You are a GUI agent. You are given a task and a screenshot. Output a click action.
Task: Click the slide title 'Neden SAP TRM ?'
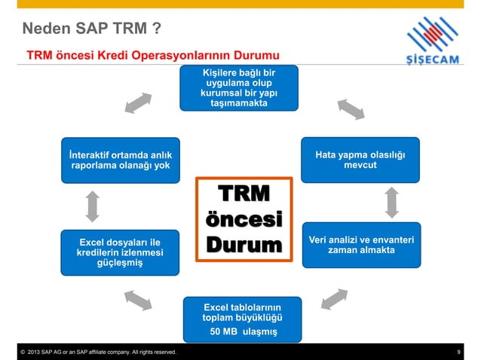pos(90,30)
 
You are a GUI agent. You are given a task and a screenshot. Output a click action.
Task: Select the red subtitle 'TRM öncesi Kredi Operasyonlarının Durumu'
pos(153,56)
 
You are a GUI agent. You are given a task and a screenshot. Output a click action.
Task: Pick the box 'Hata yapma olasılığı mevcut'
pos(360,160)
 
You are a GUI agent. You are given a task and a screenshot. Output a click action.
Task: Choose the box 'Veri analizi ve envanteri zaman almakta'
pos(360,245)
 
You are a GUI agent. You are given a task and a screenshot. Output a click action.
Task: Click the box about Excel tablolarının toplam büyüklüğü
pos(243,319)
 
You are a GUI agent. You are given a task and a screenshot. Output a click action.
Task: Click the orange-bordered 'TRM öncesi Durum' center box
pos(243,219)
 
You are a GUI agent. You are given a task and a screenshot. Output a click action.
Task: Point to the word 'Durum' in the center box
pos(243,246)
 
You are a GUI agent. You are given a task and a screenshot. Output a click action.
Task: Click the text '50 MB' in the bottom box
pos(225,332)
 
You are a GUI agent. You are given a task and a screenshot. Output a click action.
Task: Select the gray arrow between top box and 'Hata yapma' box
pos(351,109)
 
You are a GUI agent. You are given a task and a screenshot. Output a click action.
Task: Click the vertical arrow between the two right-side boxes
pos(392,201)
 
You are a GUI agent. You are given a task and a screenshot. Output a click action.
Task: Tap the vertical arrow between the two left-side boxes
pos(93,205)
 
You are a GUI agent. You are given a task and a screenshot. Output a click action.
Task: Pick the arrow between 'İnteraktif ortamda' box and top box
pos(138,103)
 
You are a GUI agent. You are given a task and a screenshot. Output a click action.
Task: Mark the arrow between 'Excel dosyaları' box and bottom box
pos(137,299)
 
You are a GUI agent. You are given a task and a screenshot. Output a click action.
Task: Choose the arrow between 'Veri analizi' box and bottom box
pos(334,299)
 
